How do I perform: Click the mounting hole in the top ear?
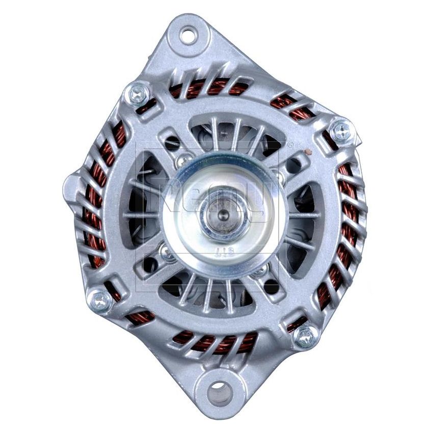[188, 35]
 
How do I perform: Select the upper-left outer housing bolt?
[138, 94]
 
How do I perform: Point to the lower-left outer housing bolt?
[100, 301]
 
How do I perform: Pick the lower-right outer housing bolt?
[306, 335]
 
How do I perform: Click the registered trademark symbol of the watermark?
[290, 146]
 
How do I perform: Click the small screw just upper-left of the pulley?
[182, 161]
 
